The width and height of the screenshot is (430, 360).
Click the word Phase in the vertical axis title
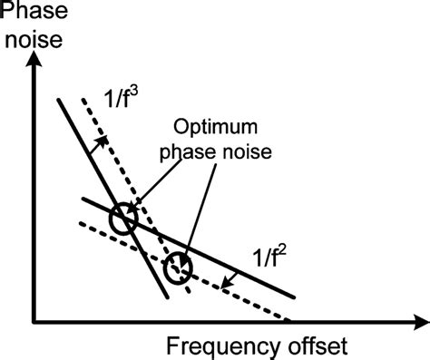[x=31, y=13]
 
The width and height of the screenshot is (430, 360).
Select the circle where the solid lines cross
[x=122, y=219]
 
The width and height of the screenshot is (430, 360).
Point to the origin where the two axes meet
[x=34, y=321]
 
